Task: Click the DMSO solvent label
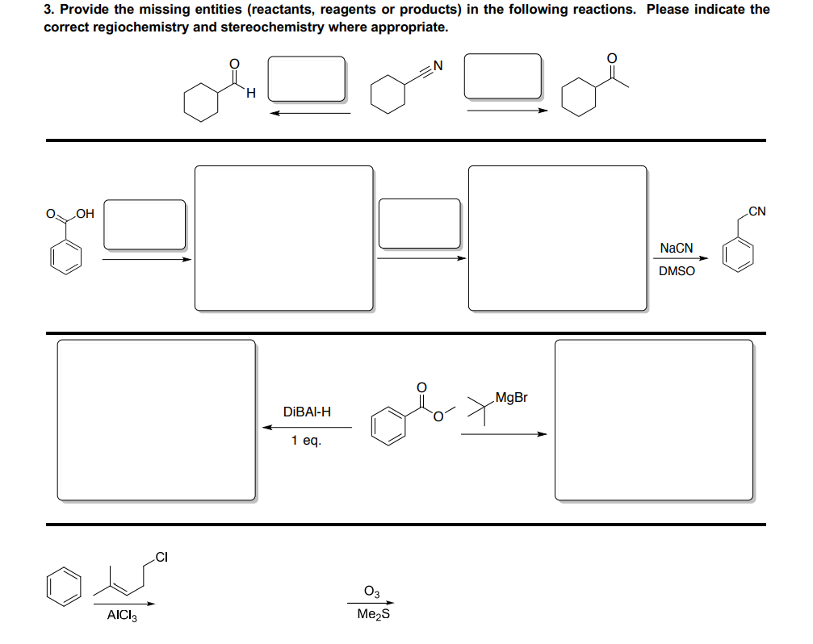pos(677,271)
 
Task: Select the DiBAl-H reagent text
pos(307,412)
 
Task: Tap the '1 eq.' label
pos(307,441)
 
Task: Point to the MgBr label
pos(511,397)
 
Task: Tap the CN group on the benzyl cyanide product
pos(756,212)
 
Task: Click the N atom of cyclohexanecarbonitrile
pos(438,65)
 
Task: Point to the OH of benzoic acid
pos(85,214)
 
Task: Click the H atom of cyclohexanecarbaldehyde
pos(250,95)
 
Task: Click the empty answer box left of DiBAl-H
pos(156,420)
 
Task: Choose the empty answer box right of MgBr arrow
pos(653,420)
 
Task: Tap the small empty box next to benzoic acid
pos(145,224)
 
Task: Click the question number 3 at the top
pos(48,10)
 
